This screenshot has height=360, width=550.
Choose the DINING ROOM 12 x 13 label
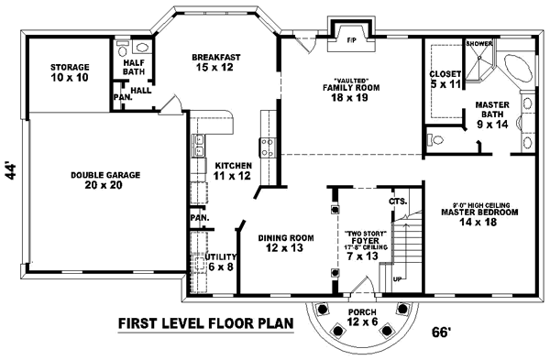(286, 242)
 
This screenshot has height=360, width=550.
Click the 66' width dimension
(443, 333)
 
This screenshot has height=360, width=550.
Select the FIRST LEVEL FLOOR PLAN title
(205, 322)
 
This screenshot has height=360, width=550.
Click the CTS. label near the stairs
(397, 200)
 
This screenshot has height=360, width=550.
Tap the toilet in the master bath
(437, 140)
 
